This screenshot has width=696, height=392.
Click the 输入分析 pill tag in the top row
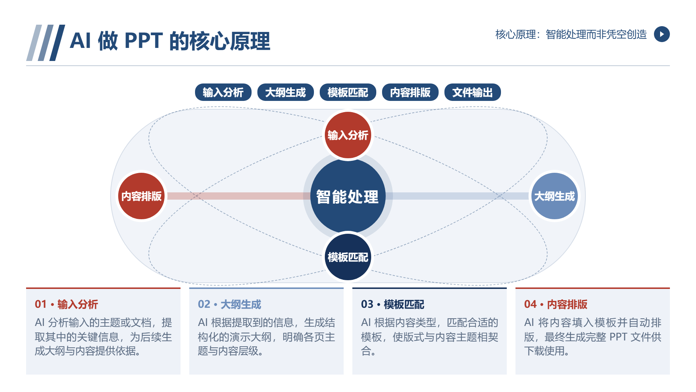[x=223, y=92]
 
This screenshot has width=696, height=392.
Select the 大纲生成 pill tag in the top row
[x=286, y=92]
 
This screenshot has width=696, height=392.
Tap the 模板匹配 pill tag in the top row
[x=348, y=92]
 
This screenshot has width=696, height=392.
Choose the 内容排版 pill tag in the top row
[x=410, y=92]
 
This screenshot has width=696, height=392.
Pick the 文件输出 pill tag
[x=473, y=92]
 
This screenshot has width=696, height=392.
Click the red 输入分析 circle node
[x=348, y=135]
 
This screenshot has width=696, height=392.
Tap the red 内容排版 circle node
[x=141, y=196]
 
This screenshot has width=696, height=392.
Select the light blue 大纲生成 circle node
[x=555, y=196]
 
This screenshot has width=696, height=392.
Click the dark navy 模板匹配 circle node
[x=348, y=257]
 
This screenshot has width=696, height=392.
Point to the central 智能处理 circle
[x=348, y=196]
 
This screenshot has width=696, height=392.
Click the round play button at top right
[x=662, y=34]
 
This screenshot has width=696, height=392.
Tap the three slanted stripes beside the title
[x=46, y=43]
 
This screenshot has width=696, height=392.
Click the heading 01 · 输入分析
[x=66, y=304]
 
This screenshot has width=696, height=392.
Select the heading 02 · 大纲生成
[x=229, y=304]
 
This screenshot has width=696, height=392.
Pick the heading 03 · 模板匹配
[x=393, y=304]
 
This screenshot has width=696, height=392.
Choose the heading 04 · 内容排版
[x=556, y=304]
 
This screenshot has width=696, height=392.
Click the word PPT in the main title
[x=144, y=41]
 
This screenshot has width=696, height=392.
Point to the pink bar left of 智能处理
[x=235, y=196]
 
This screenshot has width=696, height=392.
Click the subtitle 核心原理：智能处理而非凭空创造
[x=571, y=34]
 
